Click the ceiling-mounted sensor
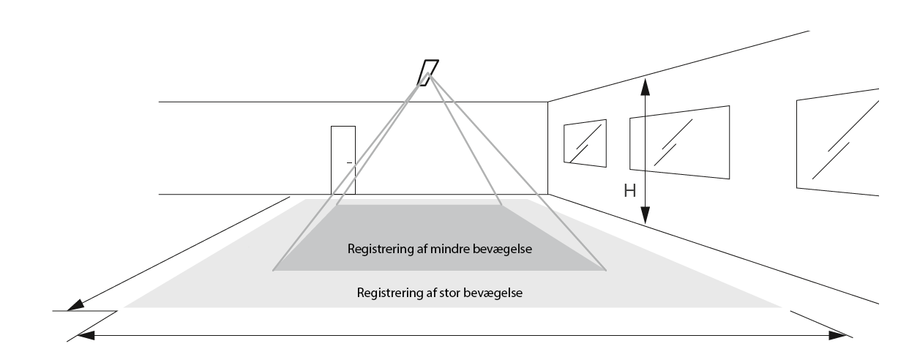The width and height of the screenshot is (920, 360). pyautogui.click(x=428, y=72)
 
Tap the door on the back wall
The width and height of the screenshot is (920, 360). pyautogui.click(x=343, y=160)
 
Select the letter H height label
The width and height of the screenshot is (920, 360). pyautogui.click(x=629, y=192)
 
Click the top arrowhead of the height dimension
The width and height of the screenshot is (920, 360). pyautogui.click(x=645, y=86)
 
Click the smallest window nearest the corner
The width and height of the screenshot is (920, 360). pyautogui.click(x=585, y=143)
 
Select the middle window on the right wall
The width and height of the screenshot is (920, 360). pyautogui.click(x=680, y=142)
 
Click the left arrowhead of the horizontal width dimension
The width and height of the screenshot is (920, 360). pyautogui.click(x=83, y=335)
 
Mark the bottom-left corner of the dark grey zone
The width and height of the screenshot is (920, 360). pyautogui.click(x=274, y=271)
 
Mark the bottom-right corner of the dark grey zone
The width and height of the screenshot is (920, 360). pyautogui.click(x=606, y=271)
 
